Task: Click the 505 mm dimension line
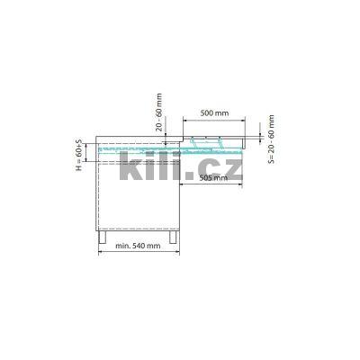click(212, 185)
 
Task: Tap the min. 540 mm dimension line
click(139, 251)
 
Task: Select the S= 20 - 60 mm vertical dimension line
click(261, 135)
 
